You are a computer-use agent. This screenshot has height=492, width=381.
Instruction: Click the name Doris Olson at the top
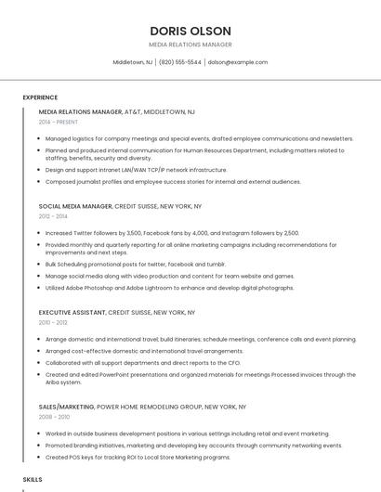190,31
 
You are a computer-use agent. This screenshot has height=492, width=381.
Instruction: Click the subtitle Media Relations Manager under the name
190,45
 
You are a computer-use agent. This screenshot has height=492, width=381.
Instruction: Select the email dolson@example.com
238,62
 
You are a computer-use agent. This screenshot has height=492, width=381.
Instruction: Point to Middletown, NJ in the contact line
133,62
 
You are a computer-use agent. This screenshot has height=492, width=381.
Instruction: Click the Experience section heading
40,97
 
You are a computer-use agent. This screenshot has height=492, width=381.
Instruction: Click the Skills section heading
33,479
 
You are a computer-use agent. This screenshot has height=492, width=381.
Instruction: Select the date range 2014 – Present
59,122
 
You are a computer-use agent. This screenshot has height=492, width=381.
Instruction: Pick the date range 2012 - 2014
53,215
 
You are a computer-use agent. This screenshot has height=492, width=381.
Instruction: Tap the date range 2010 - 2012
53,323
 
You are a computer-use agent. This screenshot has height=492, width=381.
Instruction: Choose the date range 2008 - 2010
53,417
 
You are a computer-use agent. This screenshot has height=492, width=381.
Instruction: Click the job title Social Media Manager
75,206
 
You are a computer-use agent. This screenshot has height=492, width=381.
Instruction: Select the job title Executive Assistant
72,314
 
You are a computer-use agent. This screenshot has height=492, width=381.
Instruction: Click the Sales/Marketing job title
67,407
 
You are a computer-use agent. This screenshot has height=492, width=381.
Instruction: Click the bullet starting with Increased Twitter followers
172,233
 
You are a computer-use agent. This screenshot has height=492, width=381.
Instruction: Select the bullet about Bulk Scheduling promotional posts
135,264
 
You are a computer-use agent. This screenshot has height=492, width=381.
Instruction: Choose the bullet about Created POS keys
138,457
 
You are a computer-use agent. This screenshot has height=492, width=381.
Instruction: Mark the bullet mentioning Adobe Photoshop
156,288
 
